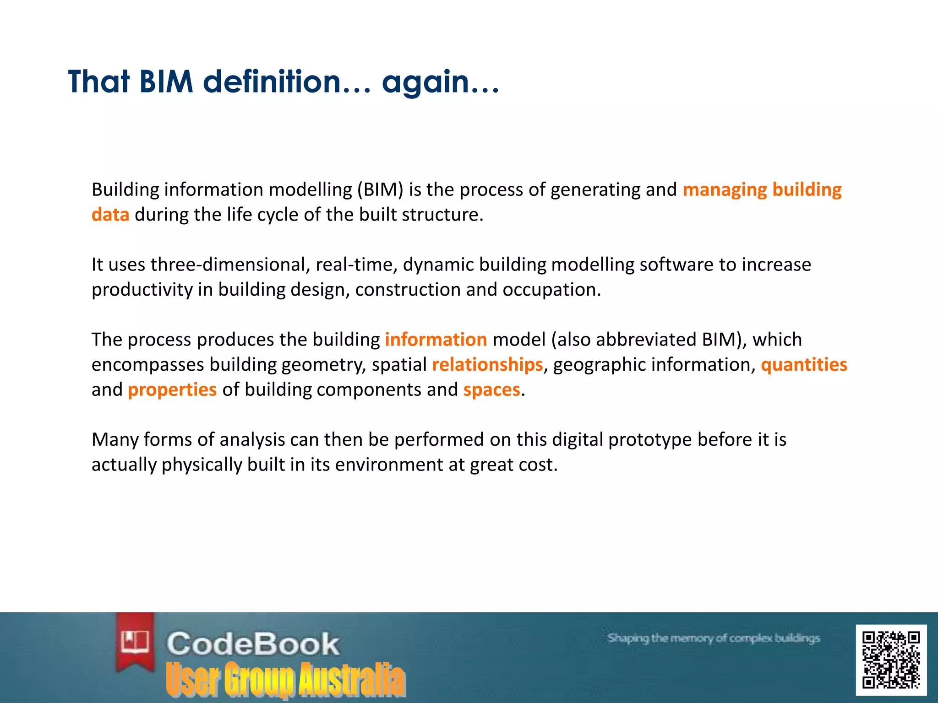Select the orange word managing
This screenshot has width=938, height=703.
724,190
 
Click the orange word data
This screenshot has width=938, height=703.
110,215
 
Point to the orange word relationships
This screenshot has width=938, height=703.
487,365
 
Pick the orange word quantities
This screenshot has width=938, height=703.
804,365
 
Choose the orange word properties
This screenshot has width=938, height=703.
172,390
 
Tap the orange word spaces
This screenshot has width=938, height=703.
491,390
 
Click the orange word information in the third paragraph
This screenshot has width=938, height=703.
436,340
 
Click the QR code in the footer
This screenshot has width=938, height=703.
891,660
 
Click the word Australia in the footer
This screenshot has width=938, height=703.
352,679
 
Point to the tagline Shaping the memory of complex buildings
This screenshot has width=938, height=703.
713,638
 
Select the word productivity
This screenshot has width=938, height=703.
142,290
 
